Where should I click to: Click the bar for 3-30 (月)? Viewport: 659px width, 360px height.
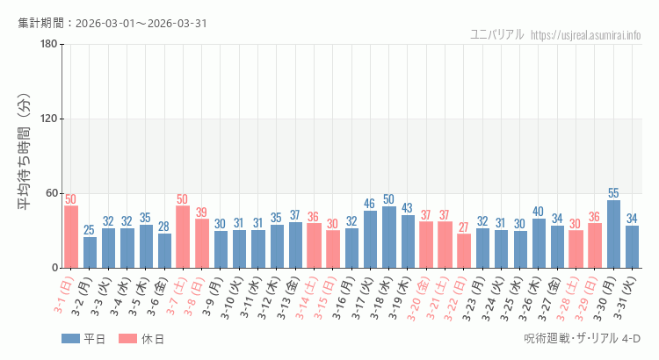click(613, 234)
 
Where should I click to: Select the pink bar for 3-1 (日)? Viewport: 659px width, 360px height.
click(71, 236)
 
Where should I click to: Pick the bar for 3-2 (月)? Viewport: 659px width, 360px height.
click(90, 252)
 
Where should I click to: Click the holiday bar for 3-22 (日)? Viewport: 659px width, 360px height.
click(464, 251)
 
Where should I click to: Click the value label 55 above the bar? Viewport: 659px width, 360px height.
click(613, 193)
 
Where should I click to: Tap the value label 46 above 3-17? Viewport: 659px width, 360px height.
click(370, 205)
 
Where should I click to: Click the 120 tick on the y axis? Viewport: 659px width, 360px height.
click(48, 119)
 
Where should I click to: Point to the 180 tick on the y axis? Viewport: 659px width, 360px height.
click(48, 45)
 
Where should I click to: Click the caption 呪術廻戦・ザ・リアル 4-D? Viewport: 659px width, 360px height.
click(582, 339)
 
